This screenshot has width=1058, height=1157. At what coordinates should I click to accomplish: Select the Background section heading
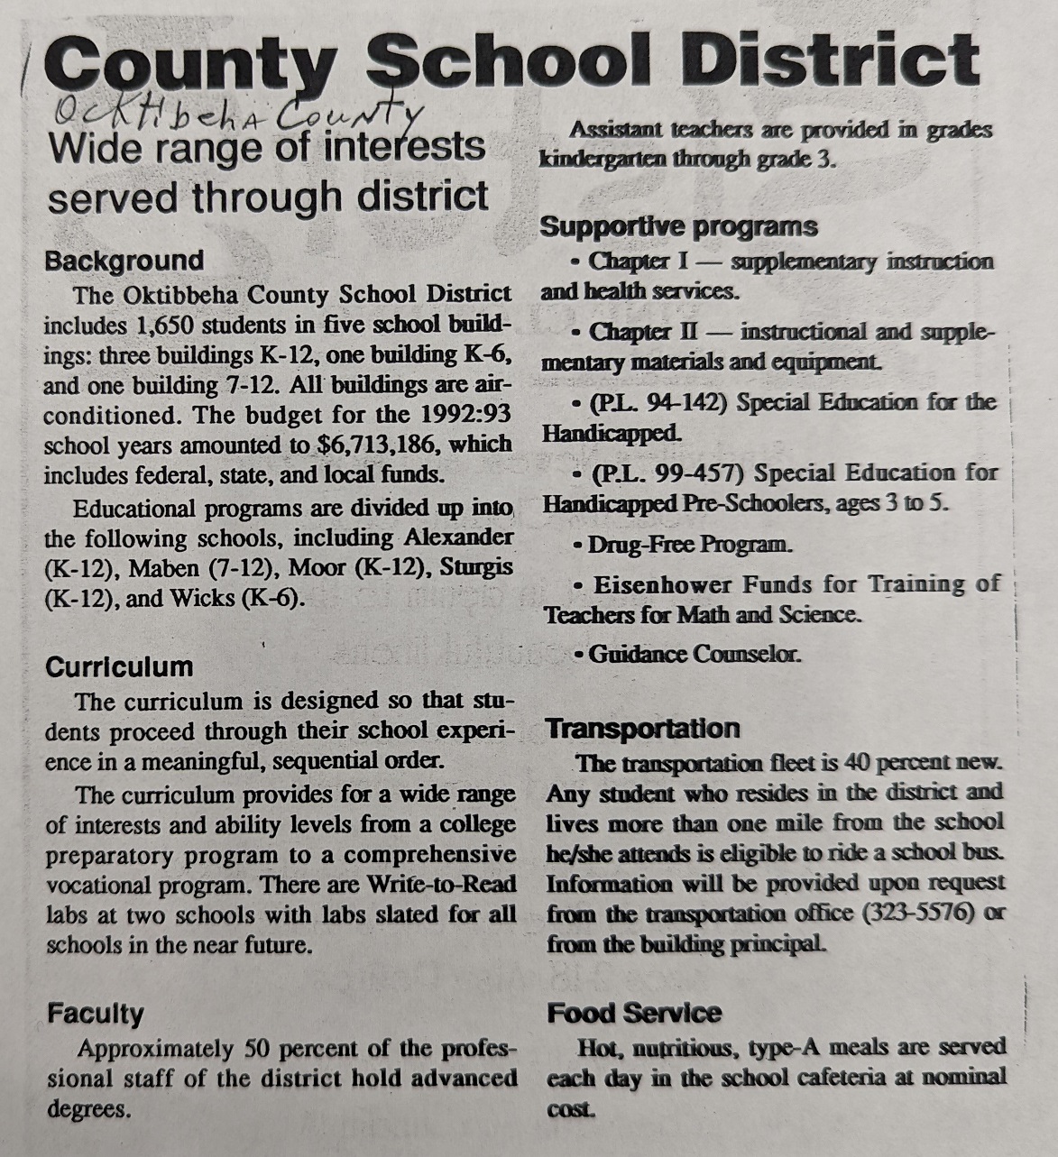(x=124, y=262)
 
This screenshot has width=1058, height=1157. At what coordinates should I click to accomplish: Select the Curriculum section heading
(x=119, y=667)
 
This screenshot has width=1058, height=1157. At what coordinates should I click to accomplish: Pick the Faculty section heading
(x=95, y=1015)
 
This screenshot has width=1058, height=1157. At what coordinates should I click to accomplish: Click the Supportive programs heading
(x=678, y=226)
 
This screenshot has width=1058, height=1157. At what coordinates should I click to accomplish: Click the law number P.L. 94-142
(x=658, y=403)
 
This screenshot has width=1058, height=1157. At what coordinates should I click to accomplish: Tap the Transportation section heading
(x=642, y=729)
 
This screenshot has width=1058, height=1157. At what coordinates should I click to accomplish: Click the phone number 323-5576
(x=920, y=914)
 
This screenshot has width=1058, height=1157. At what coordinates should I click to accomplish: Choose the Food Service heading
(x=633, y=1014)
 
